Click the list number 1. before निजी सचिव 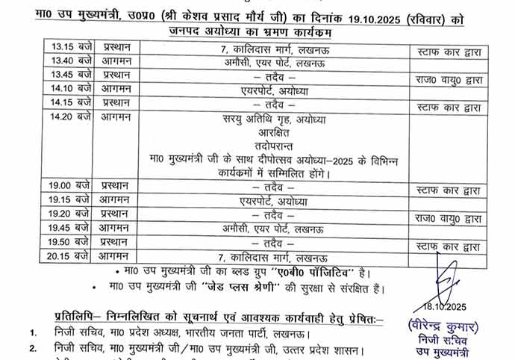[x=33, y=332]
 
